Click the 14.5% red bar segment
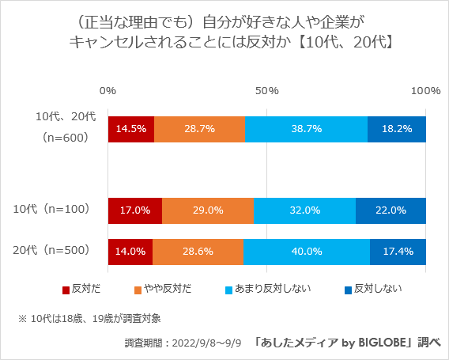pos(131,128)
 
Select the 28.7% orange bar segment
pos(199,128)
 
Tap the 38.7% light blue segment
pos(306,128)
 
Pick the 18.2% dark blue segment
pos(397,128)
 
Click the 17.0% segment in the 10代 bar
pos(135,210)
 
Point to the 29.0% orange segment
pos(208,210)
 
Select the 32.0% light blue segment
pos(304,210)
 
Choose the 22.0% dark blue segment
pos(391,210)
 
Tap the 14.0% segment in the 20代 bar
pos(130,251)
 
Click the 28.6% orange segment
pos(198,251)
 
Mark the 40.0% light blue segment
pos(306,251)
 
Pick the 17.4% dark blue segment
pos(398,251)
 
